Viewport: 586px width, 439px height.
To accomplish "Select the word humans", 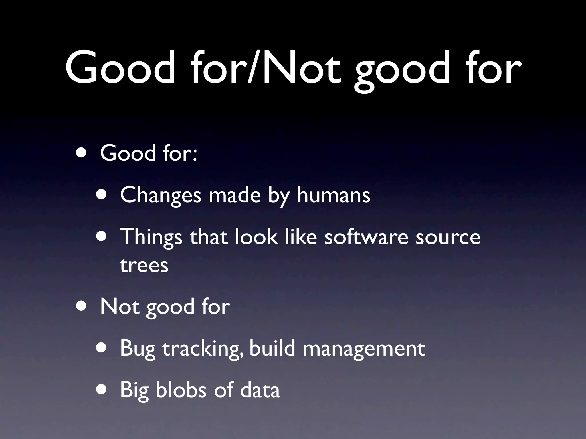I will point(334,195).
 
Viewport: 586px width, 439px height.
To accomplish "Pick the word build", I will point(272,348).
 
